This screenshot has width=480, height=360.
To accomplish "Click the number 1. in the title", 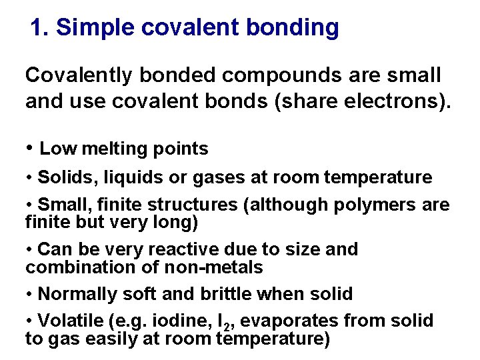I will [x=40, y=28].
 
